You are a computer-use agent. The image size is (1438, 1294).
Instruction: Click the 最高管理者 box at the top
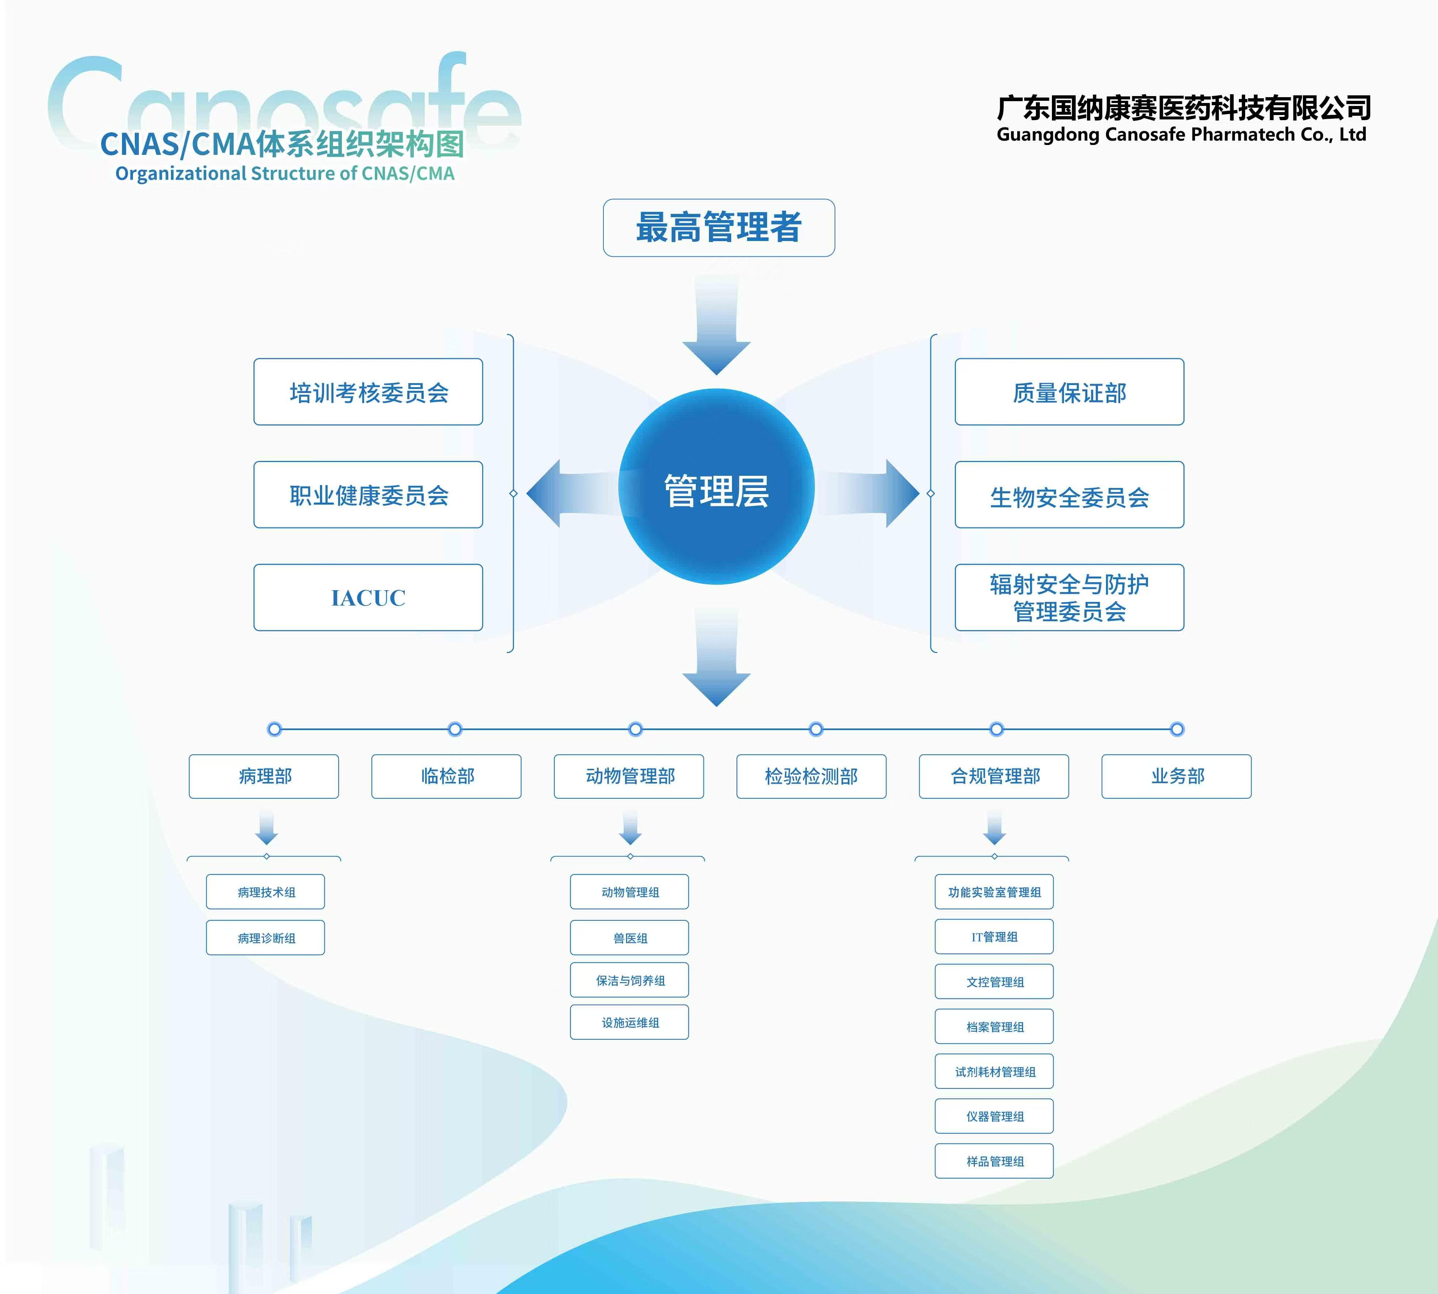coord(718,228)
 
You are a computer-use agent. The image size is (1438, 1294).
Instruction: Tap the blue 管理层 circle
coord(716,488)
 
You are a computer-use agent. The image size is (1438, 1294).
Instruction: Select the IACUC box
coord(368,597)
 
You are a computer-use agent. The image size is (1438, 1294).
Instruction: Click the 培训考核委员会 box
coord(368,392)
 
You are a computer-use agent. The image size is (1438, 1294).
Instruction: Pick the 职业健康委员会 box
coord(368,495)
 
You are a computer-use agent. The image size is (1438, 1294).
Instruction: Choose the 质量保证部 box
coord(1069,392)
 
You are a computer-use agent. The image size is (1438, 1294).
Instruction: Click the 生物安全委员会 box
coord(1069,495)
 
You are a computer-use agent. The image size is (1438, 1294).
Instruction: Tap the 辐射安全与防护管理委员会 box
coord(1069,597)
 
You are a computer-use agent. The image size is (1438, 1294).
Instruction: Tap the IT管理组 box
coord(994,936)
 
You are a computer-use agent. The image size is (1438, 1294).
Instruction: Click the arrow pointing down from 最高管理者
coord(716,327)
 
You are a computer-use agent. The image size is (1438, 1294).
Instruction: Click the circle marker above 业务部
coord(1177,729)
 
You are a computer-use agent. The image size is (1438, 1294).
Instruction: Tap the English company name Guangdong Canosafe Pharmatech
coord(1180,134)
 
